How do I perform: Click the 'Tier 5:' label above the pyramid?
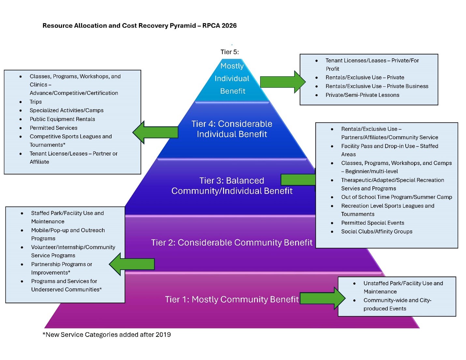coord(229,52)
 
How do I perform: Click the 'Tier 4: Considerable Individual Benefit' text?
coord(232,129)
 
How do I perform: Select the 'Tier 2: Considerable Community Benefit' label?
coord(231,242)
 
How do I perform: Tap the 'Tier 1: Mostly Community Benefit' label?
coord(231,299)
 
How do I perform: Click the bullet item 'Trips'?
coord(36,102)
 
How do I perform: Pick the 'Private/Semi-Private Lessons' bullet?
coord(362,95)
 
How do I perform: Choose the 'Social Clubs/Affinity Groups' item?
coord(376,231)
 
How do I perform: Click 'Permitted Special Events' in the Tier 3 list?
coord(372,223)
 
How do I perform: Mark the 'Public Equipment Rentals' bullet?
coord(62,119)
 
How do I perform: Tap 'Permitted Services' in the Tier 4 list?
coord(53,128)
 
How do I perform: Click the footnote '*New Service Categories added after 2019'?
coord(107,335)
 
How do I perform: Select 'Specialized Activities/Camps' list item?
coord(66,110)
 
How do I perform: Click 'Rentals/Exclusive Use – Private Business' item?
coord(377,86)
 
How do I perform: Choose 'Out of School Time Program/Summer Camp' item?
coord(396,197)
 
